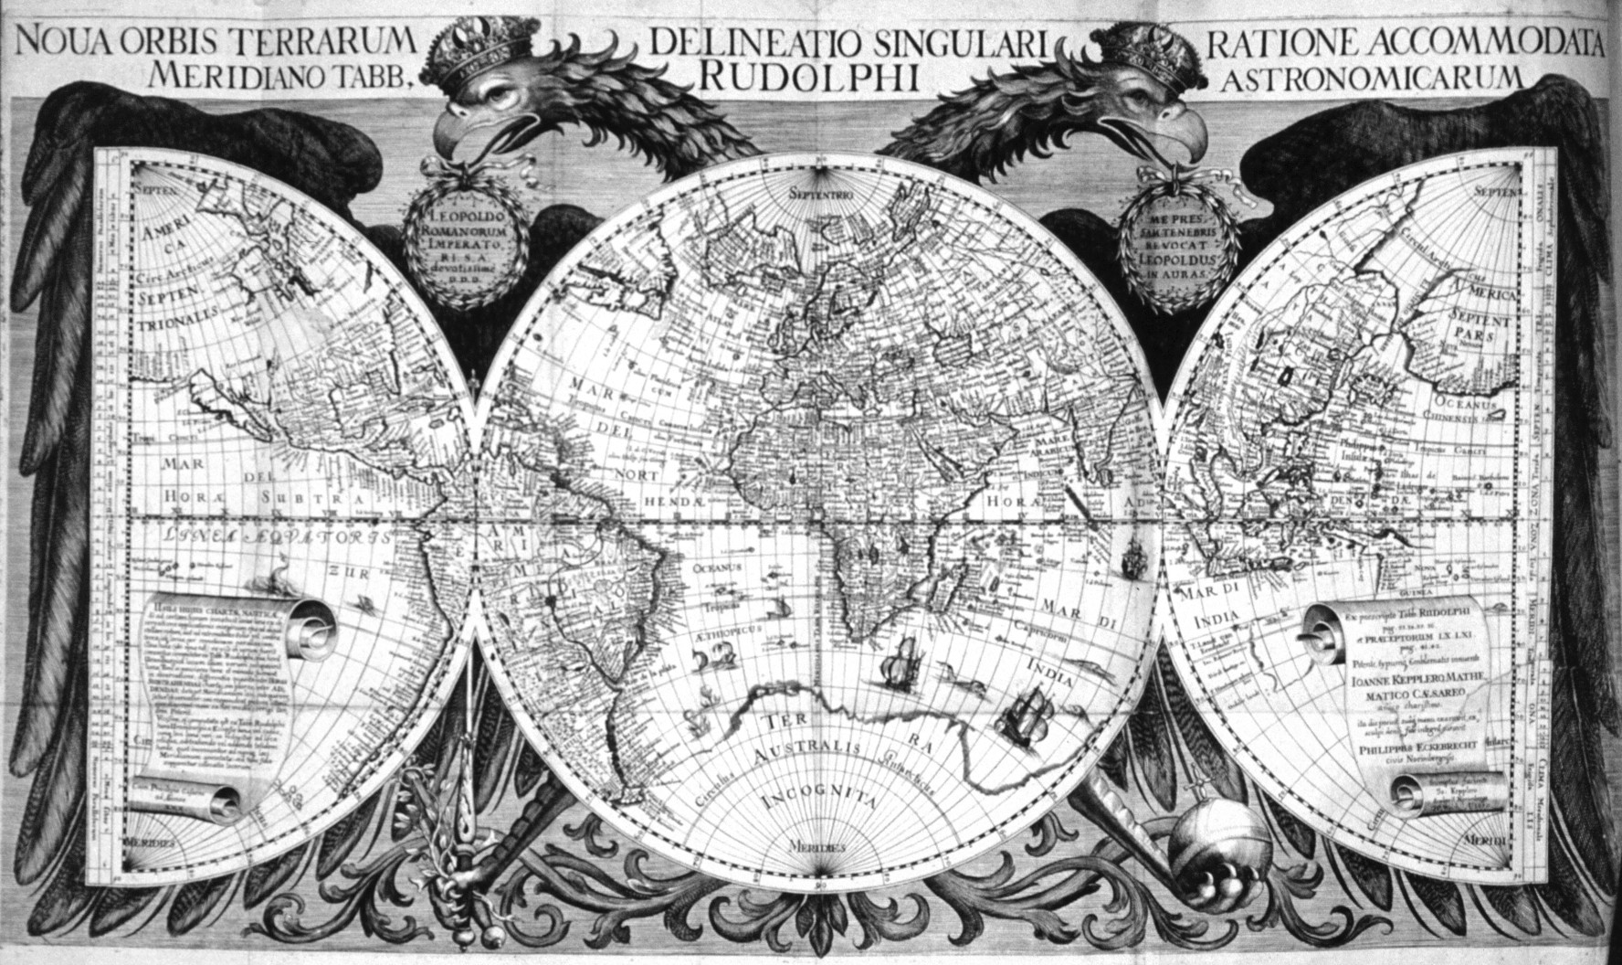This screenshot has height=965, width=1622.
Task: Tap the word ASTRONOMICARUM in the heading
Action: pyautogui.click(x=1372, y=79)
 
